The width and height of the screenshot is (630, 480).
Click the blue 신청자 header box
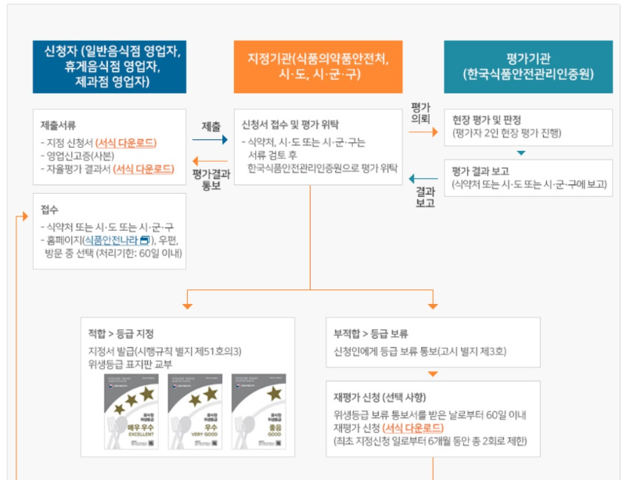point(110,66)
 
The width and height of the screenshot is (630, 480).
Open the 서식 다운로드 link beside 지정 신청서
point(126,142)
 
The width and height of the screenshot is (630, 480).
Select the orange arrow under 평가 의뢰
point(423,133)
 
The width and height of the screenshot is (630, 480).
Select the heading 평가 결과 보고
point(481,172)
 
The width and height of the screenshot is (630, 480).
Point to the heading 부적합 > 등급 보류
point(371,334)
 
